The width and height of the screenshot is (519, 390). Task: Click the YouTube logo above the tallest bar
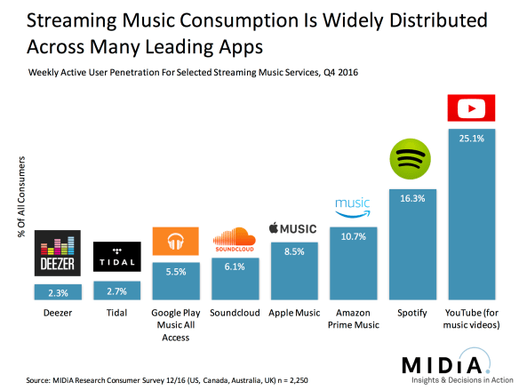point(470,110)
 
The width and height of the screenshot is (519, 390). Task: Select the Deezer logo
point(57,252)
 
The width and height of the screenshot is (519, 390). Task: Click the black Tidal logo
point(116,252)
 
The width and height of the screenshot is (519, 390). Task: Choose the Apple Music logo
point(293,229)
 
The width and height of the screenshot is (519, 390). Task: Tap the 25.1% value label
point(470,138)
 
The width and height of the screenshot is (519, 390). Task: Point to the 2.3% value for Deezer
point(57,291)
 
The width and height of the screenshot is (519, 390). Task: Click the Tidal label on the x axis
point(116,313)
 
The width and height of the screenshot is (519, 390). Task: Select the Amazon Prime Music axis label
point(353,319)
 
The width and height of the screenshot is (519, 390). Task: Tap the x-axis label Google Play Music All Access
point(175,324)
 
